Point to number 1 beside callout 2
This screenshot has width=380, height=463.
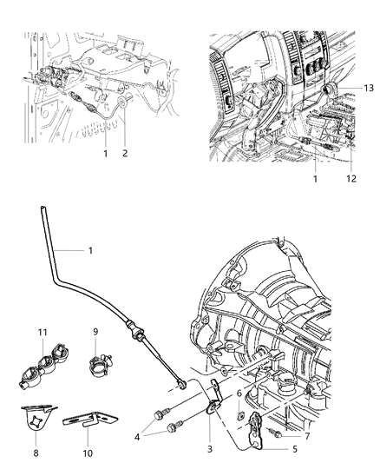tap(106, 153)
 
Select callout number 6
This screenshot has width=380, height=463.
tap(239, 392)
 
